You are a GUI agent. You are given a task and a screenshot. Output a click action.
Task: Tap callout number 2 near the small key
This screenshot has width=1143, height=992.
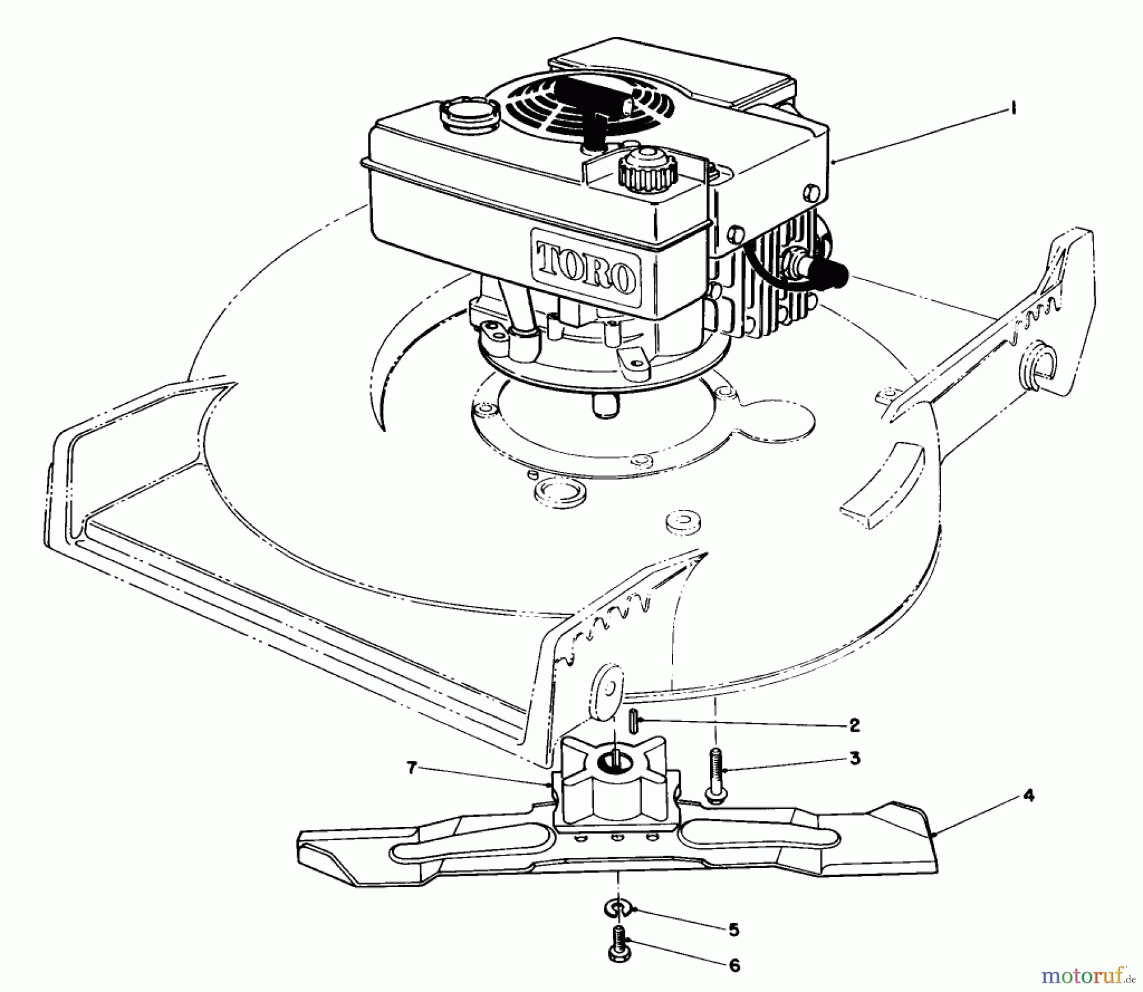click(x=855, y=725)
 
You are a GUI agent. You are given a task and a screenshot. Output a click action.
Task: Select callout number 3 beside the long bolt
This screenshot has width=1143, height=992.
click(x=855, y=758)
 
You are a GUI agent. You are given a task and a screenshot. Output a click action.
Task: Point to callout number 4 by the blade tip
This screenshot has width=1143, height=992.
click(x=1029, y=795)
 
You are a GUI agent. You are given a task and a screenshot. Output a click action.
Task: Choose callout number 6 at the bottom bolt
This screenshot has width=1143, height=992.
click(x=734, y=967)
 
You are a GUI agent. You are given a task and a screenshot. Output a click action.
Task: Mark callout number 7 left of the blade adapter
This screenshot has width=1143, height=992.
click(x=412, y=768)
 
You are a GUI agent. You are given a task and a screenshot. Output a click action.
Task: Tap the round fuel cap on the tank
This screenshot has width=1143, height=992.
click(x=462, y=115)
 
